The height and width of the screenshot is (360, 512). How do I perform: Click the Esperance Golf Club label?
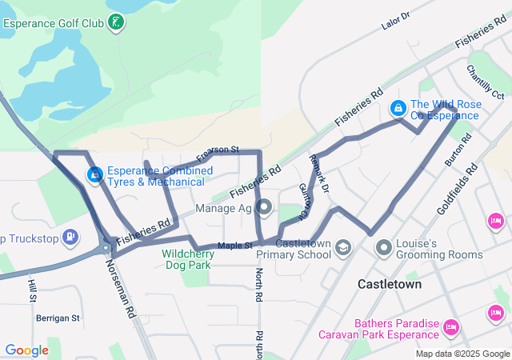click(x=54, y=23)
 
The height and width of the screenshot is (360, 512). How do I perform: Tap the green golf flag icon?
click(x=117, y=21)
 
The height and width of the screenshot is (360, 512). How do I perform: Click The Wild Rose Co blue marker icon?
click(x=396, y=107)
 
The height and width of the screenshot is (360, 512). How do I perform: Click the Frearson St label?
click(x=218, y=150)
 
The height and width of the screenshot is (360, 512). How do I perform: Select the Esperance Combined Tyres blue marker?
click(x=94, y=173)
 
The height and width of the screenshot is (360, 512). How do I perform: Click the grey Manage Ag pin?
click(x=265, y=209)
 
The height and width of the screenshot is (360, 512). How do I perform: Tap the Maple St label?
click(x=234, y=245)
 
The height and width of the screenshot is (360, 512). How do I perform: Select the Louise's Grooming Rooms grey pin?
click(x=384, y=249)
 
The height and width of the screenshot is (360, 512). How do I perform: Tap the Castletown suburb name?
click(x=390, y=284)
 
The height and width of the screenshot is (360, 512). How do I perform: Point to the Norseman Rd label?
click(x=121, y=281)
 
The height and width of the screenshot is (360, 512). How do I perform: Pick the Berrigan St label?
click(x=58, y=318)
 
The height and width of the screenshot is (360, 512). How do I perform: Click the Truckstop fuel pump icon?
click(x=70, y=236)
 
